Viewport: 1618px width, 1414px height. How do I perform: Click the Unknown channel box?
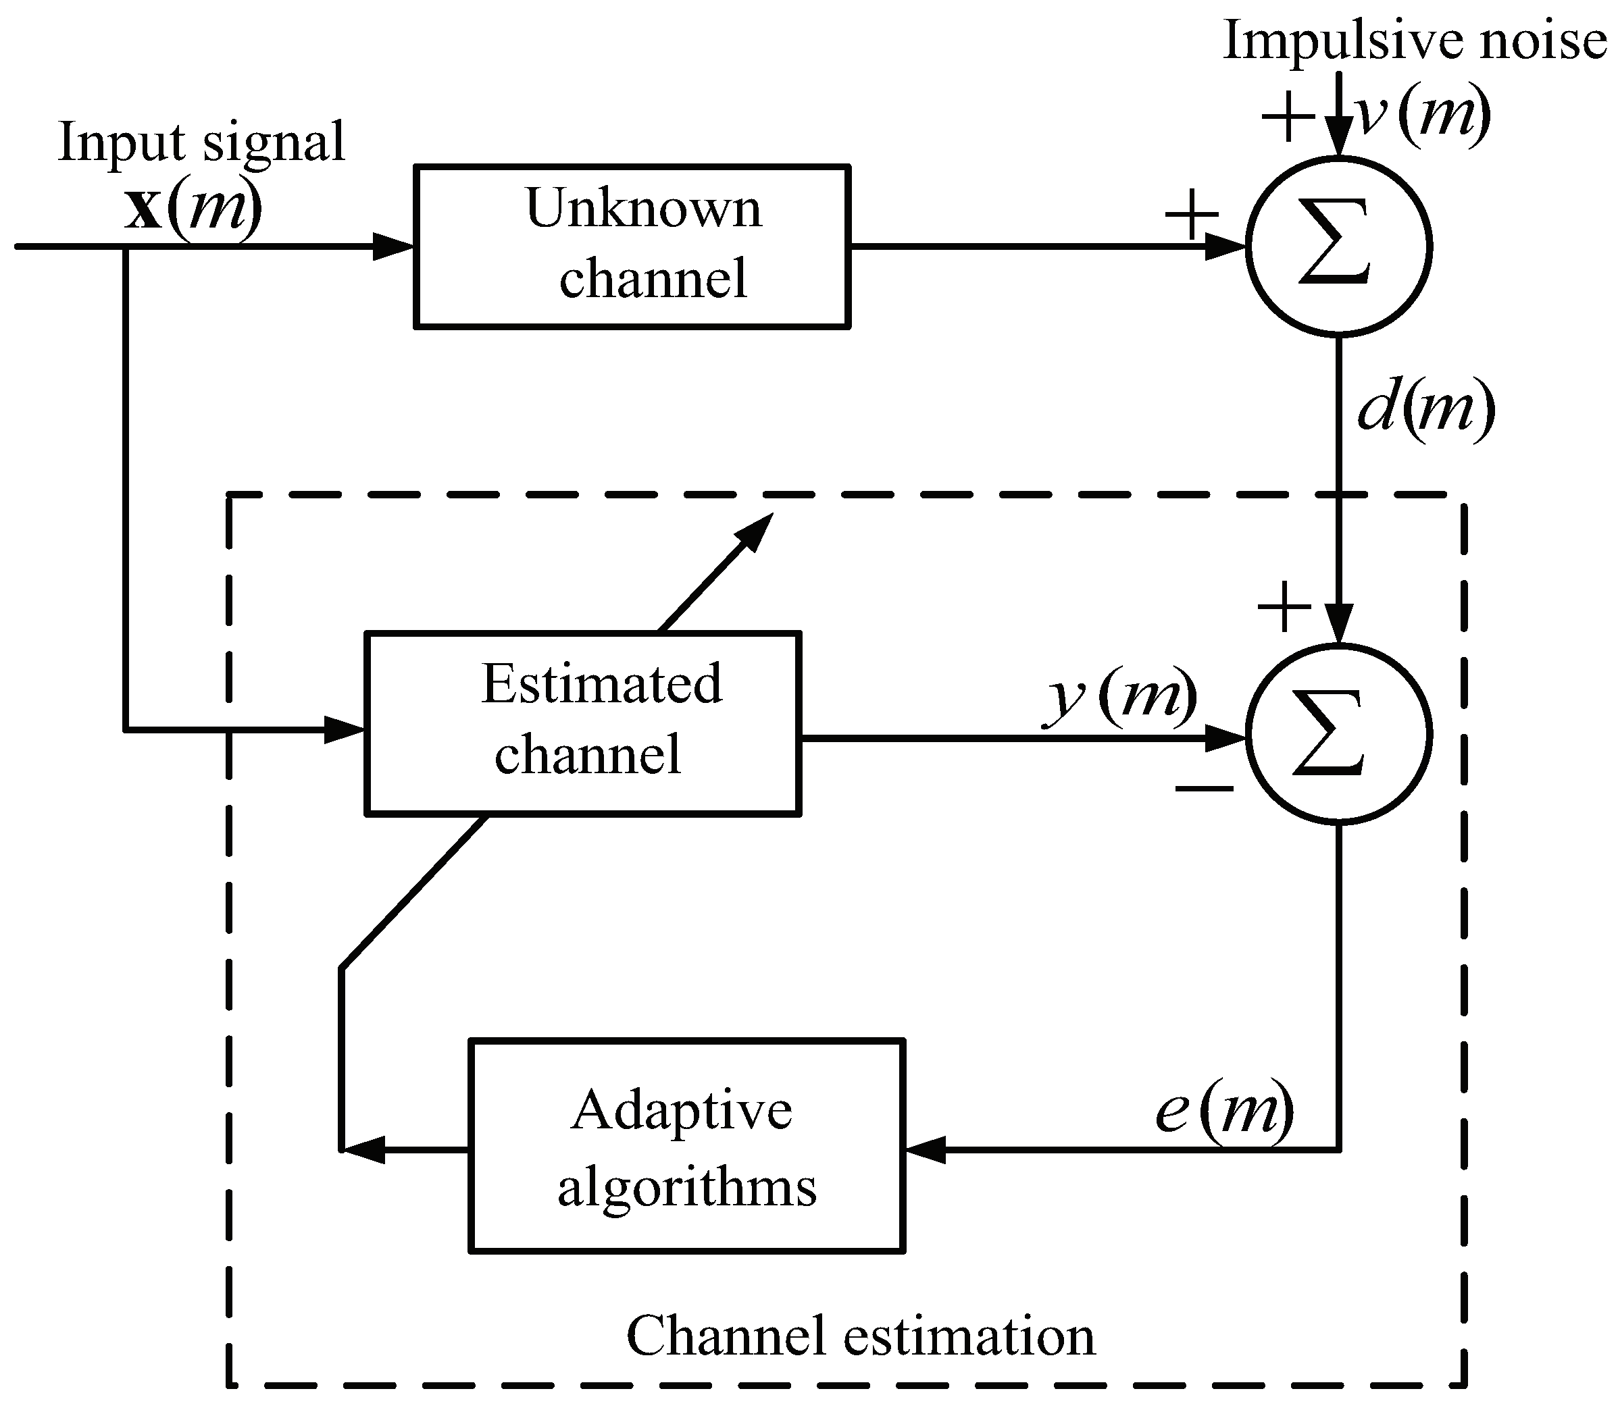[632, 246]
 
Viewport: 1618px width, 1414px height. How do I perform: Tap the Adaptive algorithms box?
[686, 1145]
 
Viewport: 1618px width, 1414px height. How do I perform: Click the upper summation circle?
[1338, 246]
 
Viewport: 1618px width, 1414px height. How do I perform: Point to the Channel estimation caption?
[860, 1336]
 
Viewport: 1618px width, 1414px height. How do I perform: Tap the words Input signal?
[201, 142]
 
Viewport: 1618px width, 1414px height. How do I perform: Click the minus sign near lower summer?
[1204, 787]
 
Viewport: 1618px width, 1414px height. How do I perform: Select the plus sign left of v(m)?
[1287, 117]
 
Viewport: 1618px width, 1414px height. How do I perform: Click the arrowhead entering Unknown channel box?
[395, 246]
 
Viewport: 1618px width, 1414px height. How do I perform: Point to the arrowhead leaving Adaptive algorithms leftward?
[363, 1150]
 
